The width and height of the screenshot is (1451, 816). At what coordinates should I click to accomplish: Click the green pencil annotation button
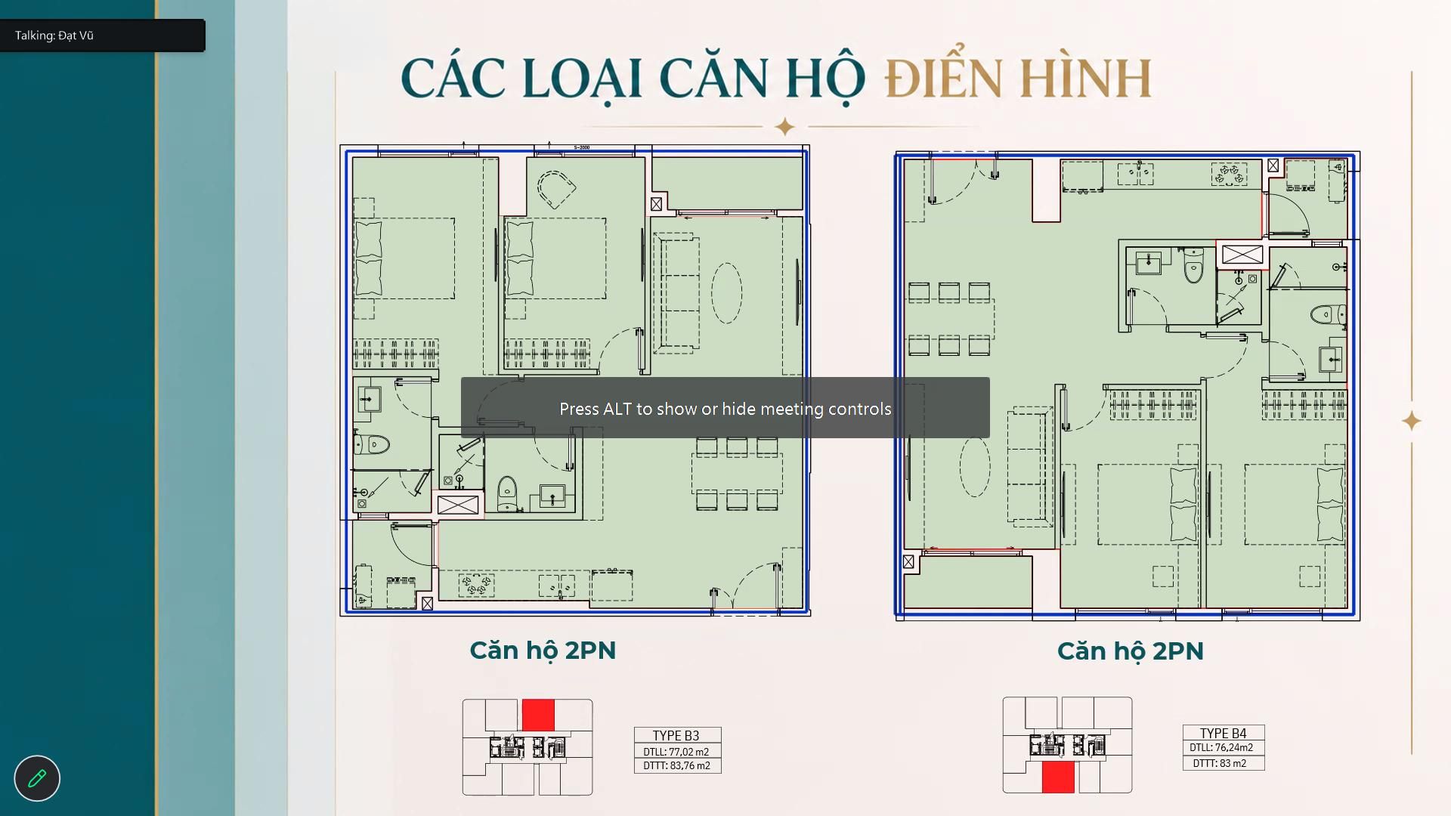tap(37, 778)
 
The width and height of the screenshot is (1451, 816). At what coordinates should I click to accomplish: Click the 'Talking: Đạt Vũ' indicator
tap(54, 36)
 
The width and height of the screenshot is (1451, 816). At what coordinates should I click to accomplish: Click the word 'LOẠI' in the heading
tap(582, 79)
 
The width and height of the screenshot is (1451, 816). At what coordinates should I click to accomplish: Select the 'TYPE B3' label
tap(676, 735)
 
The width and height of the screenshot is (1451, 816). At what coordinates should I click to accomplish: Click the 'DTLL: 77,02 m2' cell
tap(676, 752)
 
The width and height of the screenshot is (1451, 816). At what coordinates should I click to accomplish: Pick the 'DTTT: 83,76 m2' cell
tap(677, 765)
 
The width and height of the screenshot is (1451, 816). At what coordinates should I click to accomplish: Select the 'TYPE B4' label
tap(1224, 733)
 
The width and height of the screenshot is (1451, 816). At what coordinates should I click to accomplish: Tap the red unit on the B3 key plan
tap(538, 715)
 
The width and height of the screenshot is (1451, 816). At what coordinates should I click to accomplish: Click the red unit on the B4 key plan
tap(1058, 777)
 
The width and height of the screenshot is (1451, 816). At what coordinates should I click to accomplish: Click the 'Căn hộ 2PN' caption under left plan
tap(543, 650)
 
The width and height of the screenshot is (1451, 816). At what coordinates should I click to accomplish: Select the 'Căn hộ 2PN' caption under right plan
tap(1130, 651)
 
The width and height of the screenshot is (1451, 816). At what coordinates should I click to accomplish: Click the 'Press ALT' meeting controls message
tap(725, 409)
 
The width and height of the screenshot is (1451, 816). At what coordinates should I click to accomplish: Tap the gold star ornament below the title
tap(785, 126)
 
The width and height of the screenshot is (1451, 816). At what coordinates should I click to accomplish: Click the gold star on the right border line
tap(1411, 421)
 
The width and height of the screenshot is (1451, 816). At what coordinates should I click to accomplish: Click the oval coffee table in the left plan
tap(726, 293)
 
